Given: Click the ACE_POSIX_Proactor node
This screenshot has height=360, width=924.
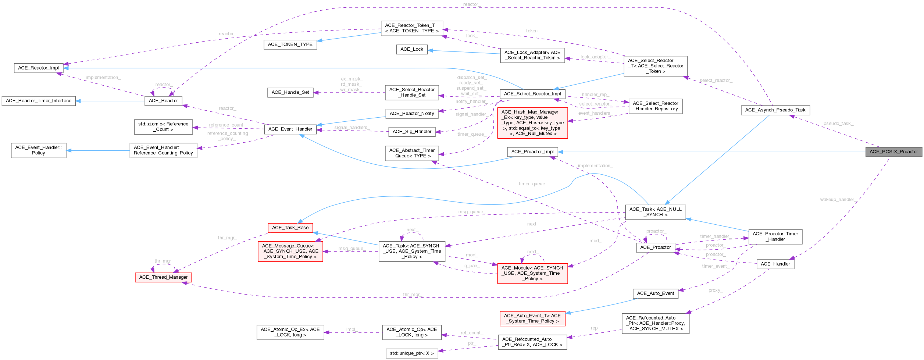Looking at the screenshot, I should click(893, 152).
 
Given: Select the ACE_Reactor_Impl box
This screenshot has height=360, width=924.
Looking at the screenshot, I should click(39, 68).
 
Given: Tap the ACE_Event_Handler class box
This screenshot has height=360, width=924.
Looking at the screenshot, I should click(290, 129).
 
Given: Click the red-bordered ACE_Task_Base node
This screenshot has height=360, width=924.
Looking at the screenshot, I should click(290, 228).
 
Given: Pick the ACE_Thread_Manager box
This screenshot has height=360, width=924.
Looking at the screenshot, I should click(163, 277).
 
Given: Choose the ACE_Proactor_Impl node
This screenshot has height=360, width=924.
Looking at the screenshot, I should click(532, 152).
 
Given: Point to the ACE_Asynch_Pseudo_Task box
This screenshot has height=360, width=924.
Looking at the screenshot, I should click(775, 110).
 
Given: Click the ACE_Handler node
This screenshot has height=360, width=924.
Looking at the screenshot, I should click(775, 264).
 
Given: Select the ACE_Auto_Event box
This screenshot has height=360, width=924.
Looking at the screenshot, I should click(655, 293).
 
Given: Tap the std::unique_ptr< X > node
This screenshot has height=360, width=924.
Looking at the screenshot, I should click(412, 353).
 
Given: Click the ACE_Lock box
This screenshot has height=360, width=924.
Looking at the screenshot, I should click(412, 49).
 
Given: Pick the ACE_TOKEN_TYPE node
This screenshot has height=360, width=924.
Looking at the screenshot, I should click(290, 44).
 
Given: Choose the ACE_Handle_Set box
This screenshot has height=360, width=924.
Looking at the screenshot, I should click(290, 92).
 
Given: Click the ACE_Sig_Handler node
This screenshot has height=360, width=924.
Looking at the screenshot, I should click(412, 132).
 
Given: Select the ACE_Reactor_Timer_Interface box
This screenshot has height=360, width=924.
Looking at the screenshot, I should click(39, 101).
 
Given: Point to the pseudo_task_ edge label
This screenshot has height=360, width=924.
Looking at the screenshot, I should click(838, 124).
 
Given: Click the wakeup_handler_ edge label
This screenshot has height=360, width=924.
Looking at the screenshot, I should click(838, 200).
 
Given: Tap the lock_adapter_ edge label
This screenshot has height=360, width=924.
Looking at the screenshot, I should click(595, 57).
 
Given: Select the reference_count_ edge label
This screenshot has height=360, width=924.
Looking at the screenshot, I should click(226, 125).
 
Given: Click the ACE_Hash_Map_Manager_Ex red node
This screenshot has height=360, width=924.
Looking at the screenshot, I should click(532, 123).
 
